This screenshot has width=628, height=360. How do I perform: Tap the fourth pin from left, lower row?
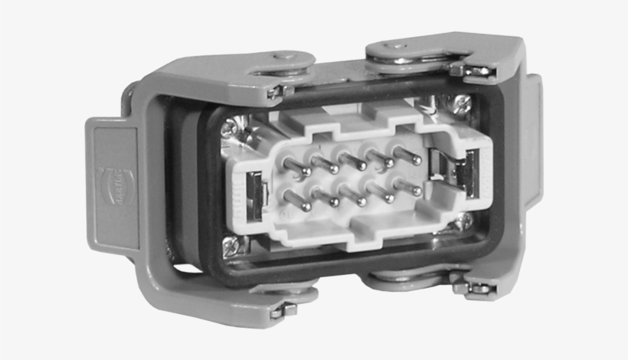pyautogui.click(x=384, y=193)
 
